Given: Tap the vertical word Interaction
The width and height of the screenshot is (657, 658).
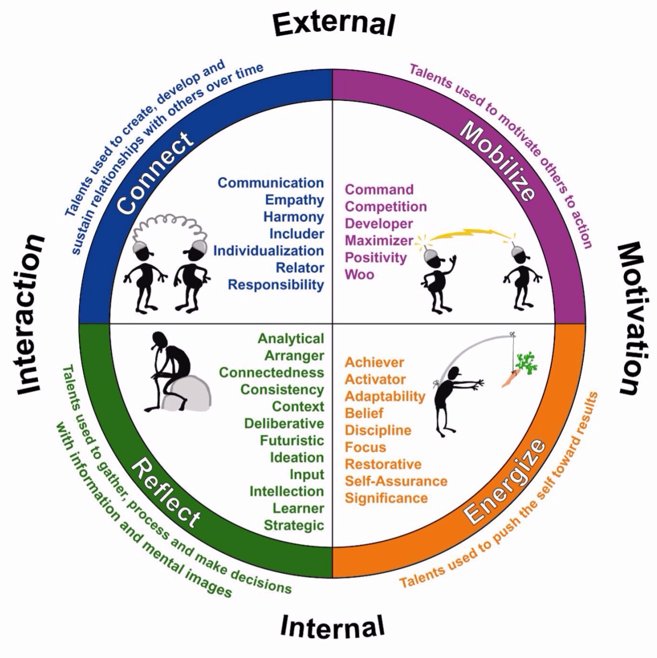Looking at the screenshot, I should pyautogui.click(x=30, y=315).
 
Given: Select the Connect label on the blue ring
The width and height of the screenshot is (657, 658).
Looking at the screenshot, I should pyautogui.click(x=154, y=173).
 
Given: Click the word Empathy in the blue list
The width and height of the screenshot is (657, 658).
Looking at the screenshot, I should pyautogui.click(x=294, y=200).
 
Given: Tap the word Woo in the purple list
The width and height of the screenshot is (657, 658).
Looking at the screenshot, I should pyautogui.click(x=360, y=274).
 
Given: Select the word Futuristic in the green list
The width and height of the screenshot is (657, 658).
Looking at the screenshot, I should pyautogui.click(x=292, y=441).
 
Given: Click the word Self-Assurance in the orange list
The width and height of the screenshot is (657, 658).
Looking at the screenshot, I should pyautogui.click(x=396, y=481).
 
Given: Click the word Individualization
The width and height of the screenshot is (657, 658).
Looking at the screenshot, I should pyautogui.click(x=268, y=251).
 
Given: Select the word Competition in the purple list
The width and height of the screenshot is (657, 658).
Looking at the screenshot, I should pyautogui.click(x=385, y=206).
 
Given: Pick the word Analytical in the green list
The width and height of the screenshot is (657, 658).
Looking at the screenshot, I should pyautogui.click(x=291, y=339).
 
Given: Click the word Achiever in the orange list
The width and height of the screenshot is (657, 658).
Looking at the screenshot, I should pyautogui.click(x=375, y=362).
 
